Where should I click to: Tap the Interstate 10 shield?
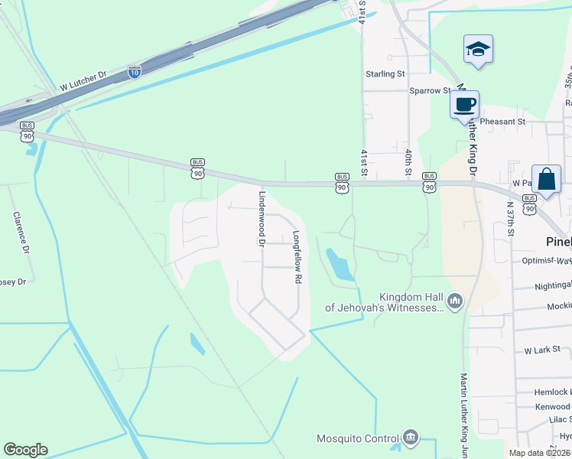point(135,72)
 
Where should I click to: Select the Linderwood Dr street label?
point(261,217)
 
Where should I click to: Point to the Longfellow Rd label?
point(297,258)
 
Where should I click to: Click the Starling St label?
point(385,74)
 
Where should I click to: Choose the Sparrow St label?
point(430,90)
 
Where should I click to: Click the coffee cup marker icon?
point(464,103)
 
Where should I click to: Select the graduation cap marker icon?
point(478,49)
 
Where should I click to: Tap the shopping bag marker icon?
point(547,179)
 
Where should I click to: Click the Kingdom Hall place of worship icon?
point(456,301)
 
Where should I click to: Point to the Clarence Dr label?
point(21,233)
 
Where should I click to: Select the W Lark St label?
point(542,350)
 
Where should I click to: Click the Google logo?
point(25,450)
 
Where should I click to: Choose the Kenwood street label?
point(552,407)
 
